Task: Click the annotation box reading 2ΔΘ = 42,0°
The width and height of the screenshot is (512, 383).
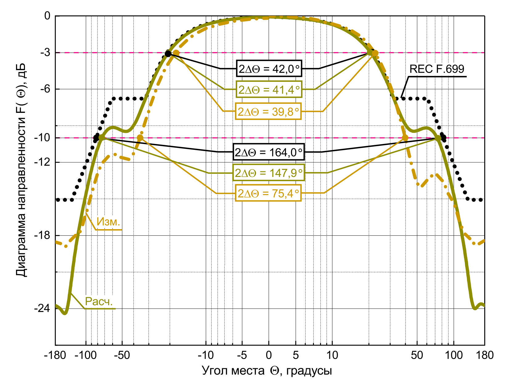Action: [x=269, y=69]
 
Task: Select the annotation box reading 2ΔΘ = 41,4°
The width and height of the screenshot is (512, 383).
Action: [x=269, y=90]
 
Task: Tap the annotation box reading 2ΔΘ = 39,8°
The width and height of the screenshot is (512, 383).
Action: [x=268, y=111]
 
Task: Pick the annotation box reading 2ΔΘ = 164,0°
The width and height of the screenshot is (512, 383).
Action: [x=269, y=152]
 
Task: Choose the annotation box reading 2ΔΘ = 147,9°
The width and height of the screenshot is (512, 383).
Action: [x=268, y=173]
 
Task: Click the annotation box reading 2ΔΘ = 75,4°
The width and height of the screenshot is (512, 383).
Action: [x=268, y=193]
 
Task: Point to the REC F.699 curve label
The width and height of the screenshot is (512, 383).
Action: [x=437, y=69]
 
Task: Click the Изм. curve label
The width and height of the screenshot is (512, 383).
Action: [x=108, y=222]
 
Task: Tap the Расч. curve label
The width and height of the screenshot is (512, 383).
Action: [x=99, y=301]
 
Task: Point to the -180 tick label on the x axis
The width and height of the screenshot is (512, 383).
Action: [x=55, y=356]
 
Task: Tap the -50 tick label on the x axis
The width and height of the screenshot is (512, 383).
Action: [x=122, y=356]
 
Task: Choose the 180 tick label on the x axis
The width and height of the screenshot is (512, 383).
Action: [x=485, y=356]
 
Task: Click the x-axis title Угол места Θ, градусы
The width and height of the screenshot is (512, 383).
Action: [x=267, y=371]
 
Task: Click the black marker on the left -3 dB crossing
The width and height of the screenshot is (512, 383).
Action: [x=168, y=54]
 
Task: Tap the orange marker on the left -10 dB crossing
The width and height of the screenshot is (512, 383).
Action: [x=140, y=138]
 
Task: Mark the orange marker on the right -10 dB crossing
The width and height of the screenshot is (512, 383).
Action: [x=405, y=138]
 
